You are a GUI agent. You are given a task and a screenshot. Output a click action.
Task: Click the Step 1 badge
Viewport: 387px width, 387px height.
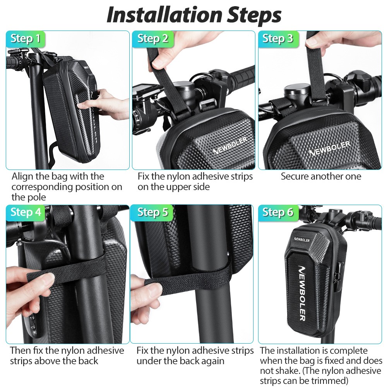tap(26, 39)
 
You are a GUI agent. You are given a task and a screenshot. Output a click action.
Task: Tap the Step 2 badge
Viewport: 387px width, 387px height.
tap(153, 39)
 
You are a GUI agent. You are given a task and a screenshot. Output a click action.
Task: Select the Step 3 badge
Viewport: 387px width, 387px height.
tap(278, 39)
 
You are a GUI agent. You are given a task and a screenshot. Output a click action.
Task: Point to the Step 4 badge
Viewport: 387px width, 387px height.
tap(26, 212)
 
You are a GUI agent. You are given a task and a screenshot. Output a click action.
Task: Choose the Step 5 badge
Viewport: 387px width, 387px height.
tap(153, 212)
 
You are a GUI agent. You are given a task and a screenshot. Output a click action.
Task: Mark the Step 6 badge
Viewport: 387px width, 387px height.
tap(278, 212)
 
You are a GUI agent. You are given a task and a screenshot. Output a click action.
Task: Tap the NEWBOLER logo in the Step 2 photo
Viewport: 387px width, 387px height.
tap(229, 145)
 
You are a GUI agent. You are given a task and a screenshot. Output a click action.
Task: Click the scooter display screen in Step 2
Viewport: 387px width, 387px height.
tap(140, 94)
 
